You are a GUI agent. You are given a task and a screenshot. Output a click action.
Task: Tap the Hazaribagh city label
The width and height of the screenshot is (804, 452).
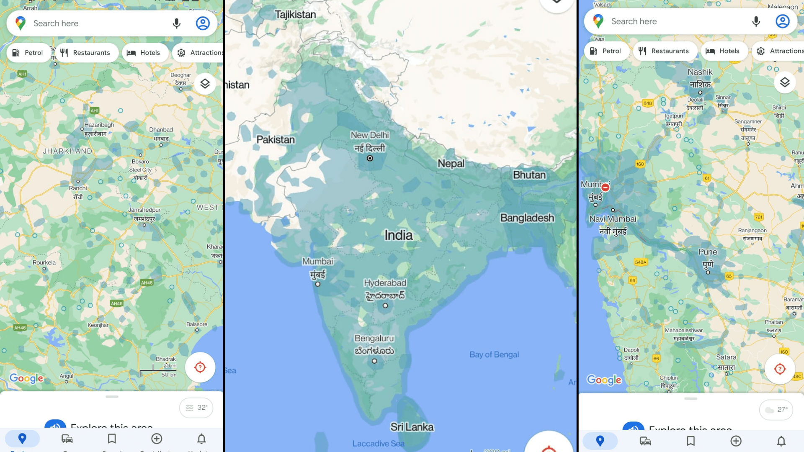tap(99, 125)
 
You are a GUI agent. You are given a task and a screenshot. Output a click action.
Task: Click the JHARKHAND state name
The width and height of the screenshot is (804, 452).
tap(67, 151)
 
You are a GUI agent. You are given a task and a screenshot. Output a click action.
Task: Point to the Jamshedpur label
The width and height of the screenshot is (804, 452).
tap(144, 210)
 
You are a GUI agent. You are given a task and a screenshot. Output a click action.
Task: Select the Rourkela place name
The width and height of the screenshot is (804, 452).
tap(44, 263)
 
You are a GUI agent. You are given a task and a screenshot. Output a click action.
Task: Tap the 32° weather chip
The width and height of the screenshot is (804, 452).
tap(196, 408)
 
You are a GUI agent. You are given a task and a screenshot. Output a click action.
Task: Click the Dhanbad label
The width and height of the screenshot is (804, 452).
tap(161, 130)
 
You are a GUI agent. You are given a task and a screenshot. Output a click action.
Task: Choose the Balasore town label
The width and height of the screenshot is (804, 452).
tap(197, 324)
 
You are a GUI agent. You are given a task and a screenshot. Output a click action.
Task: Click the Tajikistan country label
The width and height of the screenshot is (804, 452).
tap(295, 15)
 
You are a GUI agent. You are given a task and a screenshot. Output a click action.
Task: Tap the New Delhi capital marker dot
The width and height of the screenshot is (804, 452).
tap(370, 158)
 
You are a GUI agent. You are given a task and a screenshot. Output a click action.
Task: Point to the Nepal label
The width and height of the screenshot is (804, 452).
tap(451, 163)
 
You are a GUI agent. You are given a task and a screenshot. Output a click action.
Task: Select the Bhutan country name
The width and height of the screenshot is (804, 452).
tap(529, 175)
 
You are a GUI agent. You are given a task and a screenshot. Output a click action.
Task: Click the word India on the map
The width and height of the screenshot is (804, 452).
tap(398, 235)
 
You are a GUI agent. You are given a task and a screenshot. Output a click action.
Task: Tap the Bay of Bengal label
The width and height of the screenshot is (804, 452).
tap(494, 354)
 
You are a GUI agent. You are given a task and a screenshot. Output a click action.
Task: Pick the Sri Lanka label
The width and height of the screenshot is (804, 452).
tap(412, 427)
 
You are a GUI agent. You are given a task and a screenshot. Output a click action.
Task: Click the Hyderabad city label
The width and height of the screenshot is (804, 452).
tap(385, 283)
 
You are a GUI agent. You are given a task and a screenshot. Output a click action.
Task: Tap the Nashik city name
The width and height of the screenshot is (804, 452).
tap(700, 72)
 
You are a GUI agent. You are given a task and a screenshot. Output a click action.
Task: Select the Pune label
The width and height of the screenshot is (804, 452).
tap(708, 252)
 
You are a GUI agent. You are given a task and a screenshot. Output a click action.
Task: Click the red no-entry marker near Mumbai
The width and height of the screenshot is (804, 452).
tap(605, 187)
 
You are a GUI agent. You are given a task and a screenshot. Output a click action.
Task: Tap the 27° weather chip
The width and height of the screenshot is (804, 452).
tap(776, 409)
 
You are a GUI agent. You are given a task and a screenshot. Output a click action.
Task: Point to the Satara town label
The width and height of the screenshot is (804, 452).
tap(726, 357)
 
